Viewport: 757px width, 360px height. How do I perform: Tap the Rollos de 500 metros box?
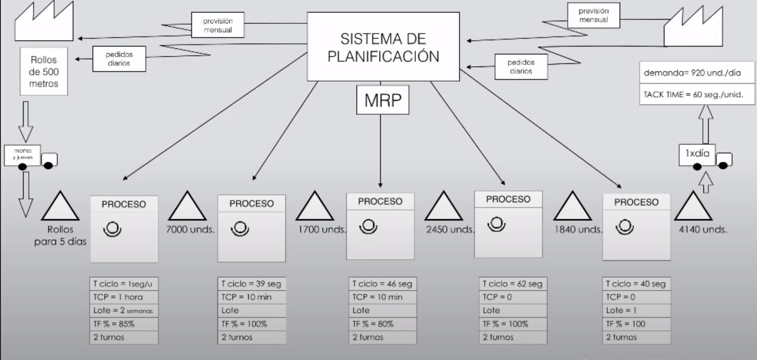[44, 71]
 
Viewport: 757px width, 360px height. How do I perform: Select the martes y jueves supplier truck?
[31, 157]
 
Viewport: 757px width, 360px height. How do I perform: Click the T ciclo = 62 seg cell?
[510, 284]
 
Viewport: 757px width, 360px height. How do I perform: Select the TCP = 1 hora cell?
[124, 297]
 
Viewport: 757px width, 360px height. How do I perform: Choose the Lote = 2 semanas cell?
[124, 310]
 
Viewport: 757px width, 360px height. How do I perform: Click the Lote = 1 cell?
[636, 310]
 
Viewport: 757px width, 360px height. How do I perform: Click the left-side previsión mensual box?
[218, 25]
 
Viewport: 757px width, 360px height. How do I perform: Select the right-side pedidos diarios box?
[520, 66]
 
